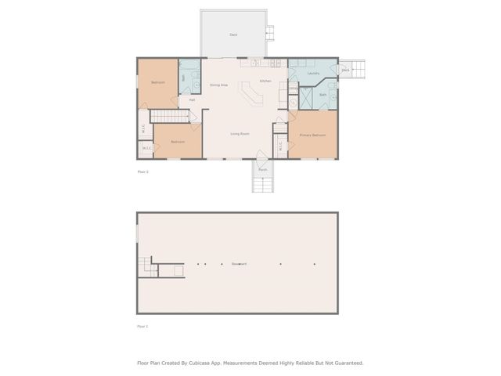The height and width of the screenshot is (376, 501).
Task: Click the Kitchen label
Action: [265, 81]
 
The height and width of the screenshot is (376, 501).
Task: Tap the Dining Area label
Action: [218, 85]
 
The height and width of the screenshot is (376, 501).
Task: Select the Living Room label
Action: [240, 134]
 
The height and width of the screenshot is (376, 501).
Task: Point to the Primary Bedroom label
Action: [312, 136]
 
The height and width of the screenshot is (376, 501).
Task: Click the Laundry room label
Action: [314, 74]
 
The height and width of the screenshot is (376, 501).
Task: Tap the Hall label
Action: [192, 100]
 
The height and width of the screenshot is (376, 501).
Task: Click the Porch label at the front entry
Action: [263, 170]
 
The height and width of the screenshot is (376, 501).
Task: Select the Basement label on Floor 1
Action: [239, 264]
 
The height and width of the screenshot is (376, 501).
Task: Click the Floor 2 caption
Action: [142, 171]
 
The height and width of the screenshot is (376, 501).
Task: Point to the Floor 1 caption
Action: [142, 326]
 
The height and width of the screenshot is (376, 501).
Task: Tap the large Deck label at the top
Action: [233, 34]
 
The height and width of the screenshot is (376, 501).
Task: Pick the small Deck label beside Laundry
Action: [345, 70]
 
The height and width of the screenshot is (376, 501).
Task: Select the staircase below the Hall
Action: [170, 117]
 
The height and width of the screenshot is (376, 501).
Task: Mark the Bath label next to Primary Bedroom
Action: [323, 95]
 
